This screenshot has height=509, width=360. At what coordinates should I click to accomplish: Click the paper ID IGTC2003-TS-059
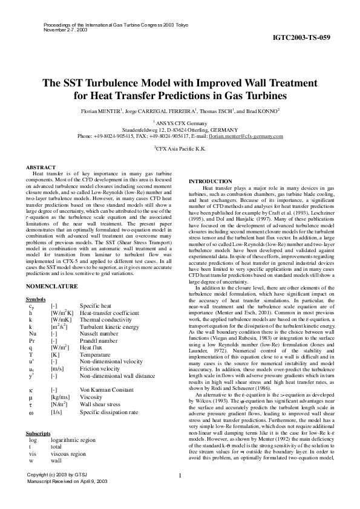coord(301,37)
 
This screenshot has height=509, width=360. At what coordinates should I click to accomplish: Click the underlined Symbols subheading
coord(38,300)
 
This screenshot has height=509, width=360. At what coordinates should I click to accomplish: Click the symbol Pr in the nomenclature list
coord(32,341)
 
